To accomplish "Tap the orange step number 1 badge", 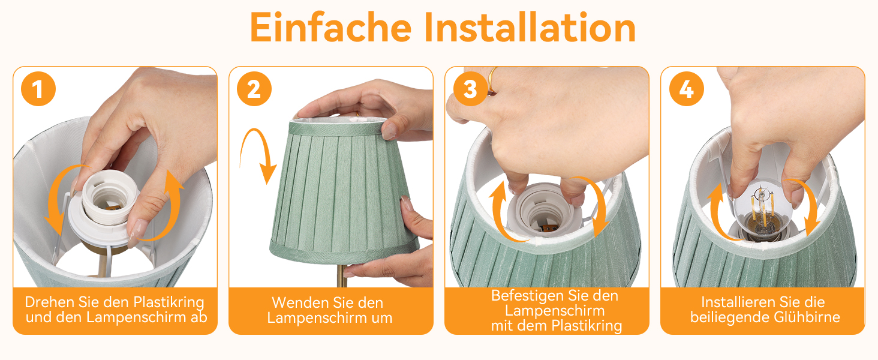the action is point(38,89).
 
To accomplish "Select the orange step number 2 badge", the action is point(254,89).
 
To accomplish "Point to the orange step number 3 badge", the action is point(470,89).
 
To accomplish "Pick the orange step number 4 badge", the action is point(686,89).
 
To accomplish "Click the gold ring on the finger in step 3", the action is point(491,80).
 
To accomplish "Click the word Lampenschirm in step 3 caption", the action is point(555,311).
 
